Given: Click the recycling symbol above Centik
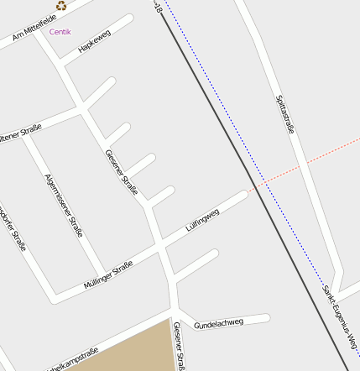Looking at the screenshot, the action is click(x=61, y=5).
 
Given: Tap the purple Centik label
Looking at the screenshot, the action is click(x=60, y=32).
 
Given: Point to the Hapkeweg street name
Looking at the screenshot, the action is click(x=94, y=42).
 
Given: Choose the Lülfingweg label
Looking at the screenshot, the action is click(x=202, y=220).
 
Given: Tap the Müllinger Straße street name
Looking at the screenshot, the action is click(x=108, y=275).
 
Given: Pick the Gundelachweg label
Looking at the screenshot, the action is click(x=218, y=322).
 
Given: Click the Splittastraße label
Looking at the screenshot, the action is click(x=284, y=114).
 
